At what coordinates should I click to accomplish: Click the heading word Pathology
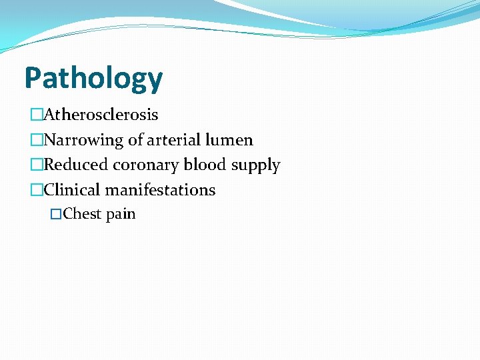(x=93, y=79)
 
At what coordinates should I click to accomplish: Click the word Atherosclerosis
(x=101, y=115)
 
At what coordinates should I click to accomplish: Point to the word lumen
(x=231, y=140)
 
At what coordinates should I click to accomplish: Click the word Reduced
(x=74, y=165)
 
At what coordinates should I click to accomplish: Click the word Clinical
(x=72, y=190)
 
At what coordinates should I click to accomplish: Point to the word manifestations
(x=160, y=190)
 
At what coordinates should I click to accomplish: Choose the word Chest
(x=82, y=214)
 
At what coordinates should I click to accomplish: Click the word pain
(x=121, y=215)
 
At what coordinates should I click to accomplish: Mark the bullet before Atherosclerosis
(x=36, y=115)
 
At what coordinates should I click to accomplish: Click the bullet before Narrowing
(x=36, y=140)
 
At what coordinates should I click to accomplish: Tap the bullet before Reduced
(x=36, y=165)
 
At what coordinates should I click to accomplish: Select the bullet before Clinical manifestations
(x=36, y=190)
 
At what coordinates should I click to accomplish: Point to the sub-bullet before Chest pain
(x=56, y=214)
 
